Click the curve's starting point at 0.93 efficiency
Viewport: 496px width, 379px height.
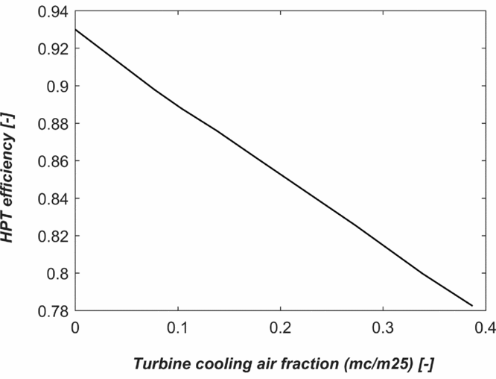click(x=76, y=30)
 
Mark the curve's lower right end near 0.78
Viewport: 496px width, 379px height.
click(x=472, y=305)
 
